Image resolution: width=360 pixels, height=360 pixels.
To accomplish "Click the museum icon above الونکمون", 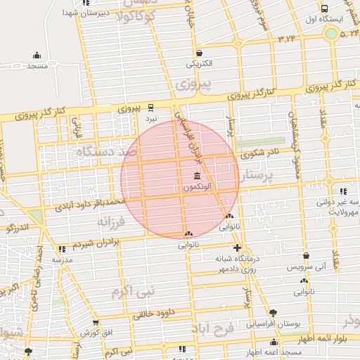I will point(195,176).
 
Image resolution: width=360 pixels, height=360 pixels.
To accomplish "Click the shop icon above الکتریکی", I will point(199,53).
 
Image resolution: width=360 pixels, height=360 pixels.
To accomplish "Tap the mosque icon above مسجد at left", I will point(36,56).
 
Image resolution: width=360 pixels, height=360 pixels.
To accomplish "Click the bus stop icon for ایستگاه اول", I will point(324,8).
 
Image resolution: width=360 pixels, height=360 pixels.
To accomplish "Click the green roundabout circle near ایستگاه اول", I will point(330,33).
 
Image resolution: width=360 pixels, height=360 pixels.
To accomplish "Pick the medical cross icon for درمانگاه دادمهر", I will point(237,247).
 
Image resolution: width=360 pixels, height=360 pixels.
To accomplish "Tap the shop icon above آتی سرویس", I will point(305,256).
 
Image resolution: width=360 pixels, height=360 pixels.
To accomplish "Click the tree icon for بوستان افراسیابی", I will point(274,312).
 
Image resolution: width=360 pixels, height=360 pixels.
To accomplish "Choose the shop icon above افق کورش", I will point(95,322).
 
